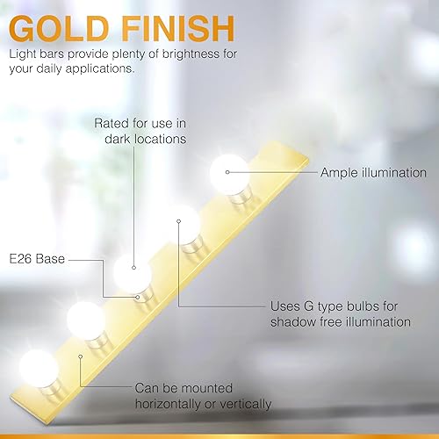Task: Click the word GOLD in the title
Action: click(59, 29)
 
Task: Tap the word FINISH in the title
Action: click(177, 29)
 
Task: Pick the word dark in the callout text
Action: click(118, 139)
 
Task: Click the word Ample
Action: click(340, 173)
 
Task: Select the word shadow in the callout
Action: click(292, 322)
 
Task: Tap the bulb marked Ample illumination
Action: click(229, 173)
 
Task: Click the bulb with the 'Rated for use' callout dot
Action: click(133, 274)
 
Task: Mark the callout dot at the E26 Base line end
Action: click(138, 298)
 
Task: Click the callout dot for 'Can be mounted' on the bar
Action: click(81, 356)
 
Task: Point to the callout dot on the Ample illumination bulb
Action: click(227, 172)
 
